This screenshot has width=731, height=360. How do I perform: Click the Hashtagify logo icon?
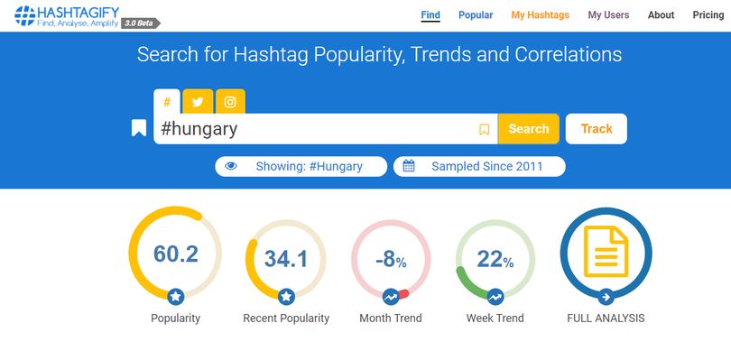point(24,15)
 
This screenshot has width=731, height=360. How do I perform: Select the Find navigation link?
point(430,15)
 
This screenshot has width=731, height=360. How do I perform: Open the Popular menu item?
point(476,15)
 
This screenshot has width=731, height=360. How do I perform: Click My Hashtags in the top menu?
point(540,15)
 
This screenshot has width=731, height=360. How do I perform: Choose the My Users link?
point(608,15)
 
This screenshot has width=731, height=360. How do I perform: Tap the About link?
point(661,15)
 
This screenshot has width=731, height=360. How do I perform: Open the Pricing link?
point(708,15)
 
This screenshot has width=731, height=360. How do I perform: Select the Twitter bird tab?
point(198,102)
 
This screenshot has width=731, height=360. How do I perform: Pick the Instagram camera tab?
point(230,102)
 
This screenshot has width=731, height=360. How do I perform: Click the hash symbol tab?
point(167,102)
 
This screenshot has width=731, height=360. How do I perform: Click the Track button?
point(597,129)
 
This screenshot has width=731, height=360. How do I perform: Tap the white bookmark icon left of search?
point(139,128)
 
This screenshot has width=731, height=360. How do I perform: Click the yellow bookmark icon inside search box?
point(485,129)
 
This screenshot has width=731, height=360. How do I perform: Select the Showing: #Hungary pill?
point(301,167)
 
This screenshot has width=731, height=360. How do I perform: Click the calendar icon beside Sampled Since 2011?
point(409,166)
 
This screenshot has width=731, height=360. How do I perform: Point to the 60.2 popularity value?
point(176,254)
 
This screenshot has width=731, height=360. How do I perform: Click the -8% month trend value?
point(391,260)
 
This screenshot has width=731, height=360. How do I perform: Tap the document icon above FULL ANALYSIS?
point(606,251)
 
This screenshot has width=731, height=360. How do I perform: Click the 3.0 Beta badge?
point(140,23)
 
